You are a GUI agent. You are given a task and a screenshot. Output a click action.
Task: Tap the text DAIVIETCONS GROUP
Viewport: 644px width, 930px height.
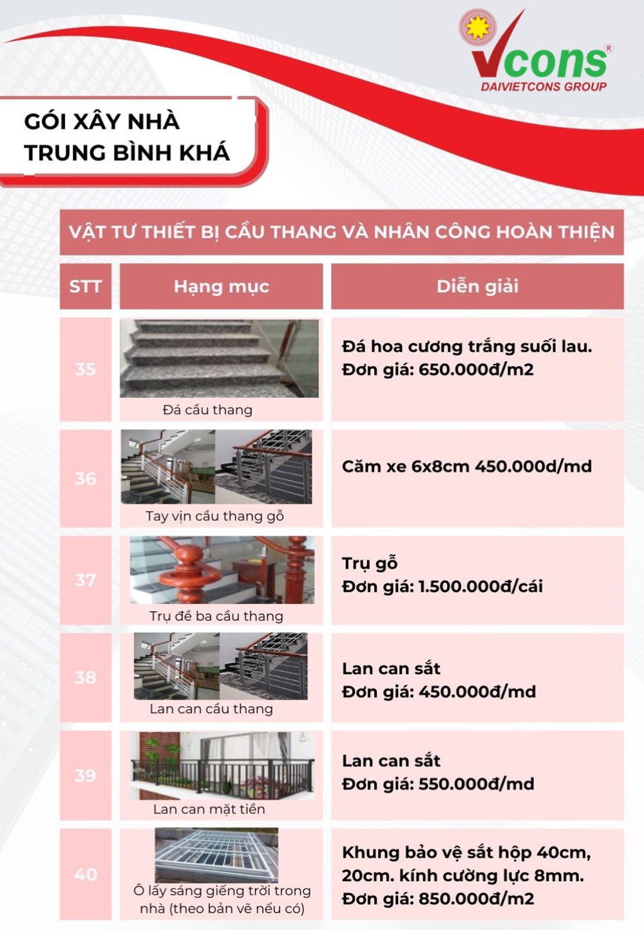[544, 87]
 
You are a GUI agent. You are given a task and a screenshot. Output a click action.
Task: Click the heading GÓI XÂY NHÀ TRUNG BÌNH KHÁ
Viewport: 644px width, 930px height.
[127, 137]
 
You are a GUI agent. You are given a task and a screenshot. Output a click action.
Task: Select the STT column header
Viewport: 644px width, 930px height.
[86, 287]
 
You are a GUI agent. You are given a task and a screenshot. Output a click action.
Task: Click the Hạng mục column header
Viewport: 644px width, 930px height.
[221, 287]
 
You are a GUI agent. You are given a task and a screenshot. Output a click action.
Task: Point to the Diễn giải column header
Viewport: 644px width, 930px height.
[477, 287]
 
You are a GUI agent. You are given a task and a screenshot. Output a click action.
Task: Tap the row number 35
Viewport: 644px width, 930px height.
[86, 369]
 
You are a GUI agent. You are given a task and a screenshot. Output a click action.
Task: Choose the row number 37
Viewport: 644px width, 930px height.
[86, 580]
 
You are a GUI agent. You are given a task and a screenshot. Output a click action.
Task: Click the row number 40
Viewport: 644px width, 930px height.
[86, 874]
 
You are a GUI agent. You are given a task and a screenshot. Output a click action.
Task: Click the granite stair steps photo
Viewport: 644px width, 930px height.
[219, 358]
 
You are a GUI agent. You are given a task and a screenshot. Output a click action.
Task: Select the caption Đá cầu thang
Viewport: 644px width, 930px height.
[207, 410]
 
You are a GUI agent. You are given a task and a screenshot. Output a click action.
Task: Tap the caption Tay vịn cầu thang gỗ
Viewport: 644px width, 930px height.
[214, 516]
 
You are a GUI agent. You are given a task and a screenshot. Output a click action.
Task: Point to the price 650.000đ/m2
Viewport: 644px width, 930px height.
[476, 370]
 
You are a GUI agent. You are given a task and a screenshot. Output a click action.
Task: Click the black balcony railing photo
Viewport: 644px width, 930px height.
[222, 766]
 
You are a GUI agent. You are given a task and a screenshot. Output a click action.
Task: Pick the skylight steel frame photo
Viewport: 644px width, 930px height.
[216, 855]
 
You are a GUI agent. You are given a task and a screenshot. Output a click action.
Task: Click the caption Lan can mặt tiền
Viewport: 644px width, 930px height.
[209, 809]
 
